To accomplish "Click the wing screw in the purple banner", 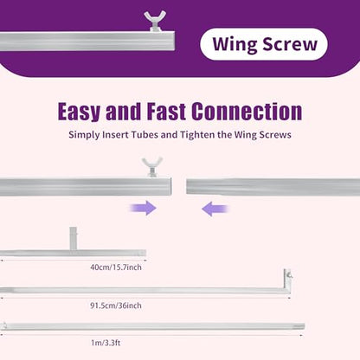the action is click(x=155, y=21).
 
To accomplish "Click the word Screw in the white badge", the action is click(x=290, y=44).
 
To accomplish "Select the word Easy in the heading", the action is click(x=79, y=112).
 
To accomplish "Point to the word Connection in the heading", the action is click(x=247, y=111).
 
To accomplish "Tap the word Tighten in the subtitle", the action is click(x=197, y=135).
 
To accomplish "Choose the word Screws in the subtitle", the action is click(x=275, y=135).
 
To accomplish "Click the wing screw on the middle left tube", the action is click(x=152, y=167).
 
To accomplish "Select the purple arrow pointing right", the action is click(x=143, y=208).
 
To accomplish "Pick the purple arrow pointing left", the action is click(x=215, y=209).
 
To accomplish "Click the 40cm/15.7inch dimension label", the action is click(x=116, y=267).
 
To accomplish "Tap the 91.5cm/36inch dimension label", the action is click(x=116, y=305).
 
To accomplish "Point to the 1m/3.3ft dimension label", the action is click(x=106, y=343).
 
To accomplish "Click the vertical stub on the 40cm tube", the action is click(x=74, y=238).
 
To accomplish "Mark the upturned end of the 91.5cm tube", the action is click(x=287, y=279).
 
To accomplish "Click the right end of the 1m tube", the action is click(x=304, y=327).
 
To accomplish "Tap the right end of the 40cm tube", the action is click(x=145, y=254).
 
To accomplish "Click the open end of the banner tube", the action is click(x=174, y=41).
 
